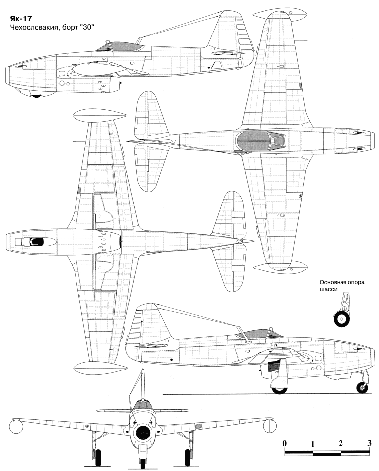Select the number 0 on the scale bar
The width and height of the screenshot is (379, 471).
[285, 443]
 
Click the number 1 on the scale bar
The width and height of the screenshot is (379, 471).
[313, 444]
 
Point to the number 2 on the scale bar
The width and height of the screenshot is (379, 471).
[341, 443]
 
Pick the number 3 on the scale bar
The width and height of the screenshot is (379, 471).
[369, 443]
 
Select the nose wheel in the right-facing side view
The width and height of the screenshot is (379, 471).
[362, 388]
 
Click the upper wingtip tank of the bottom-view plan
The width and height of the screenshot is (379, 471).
[100, 116]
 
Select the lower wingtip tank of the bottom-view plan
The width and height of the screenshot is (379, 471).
[101, 367]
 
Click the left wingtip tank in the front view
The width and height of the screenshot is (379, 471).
[16, 427]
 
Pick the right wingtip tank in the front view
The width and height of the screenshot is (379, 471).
[269, 426]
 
